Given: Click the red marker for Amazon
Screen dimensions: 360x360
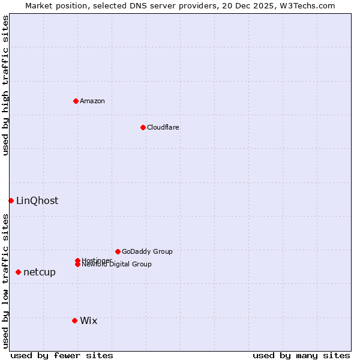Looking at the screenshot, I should pos(76,101).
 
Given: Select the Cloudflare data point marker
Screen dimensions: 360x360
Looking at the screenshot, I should pos(143,127).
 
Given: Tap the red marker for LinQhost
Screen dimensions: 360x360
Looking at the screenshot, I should pos(11,200).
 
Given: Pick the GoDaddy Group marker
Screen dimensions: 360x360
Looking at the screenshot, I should pos(118,251).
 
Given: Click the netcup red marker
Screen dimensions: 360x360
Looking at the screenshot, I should pos(18,272).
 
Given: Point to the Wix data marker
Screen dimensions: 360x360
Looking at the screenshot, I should pos(74,320).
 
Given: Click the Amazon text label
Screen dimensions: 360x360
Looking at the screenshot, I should pos(92,101).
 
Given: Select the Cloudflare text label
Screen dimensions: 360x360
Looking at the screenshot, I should pos(163,127).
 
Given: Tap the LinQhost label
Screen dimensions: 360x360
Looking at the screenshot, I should pos(37,201).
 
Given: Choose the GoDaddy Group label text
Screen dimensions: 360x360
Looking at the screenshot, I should pos(147,251).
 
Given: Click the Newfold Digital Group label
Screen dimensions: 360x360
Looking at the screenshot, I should pos(116,265).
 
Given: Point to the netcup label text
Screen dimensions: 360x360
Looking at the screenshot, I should pos(40,272).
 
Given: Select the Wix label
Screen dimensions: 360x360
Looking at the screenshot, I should pos(89,321).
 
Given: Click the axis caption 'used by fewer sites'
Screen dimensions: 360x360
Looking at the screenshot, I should pos(62,355).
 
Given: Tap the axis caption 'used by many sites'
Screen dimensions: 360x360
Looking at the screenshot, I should pos(301,355).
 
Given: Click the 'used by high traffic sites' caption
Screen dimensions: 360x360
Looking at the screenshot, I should pos(5,85).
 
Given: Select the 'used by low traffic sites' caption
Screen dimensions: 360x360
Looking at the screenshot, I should pos(5,281).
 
